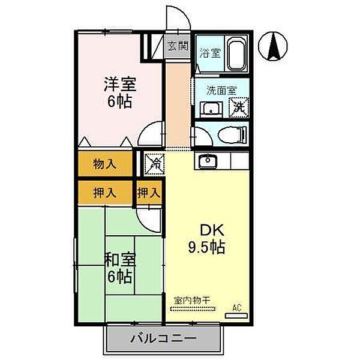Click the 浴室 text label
click(x=209, y=53)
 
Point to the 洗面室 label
click(x=221, y=91)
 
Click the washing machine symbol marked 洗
click(x=240, y=108)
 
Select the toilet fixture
click(x=231, y=134)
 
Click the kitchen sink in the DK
click(x=208, y=161)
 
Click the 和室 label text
click(x=120, y=260)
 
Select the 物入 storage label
click(x=104, y=163)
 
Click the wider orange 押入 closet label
click(x=104, y=193)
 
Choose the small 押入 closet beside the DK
click(x=149, y=193)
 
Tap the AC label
click(x=237, y=308)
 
